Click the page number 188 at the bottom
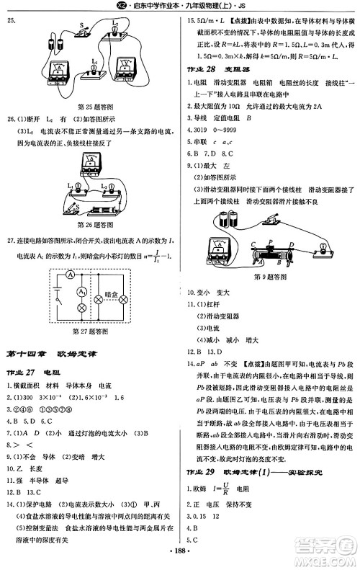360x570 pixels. click(x=179, y=560)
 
